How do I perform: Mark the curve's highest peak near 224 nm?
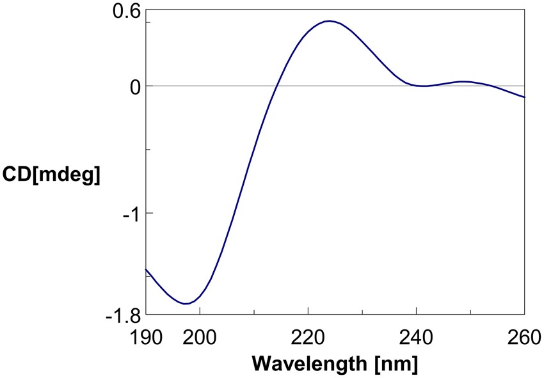coord(330,21)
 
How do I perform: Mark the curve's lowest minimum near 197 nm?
coord(185,304)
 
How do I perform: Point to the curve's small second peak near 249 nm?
coord(465,81)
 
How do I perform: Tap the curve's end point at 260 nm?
coord(524,97)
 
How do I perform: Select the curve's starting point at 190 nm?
coord(147,269)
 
